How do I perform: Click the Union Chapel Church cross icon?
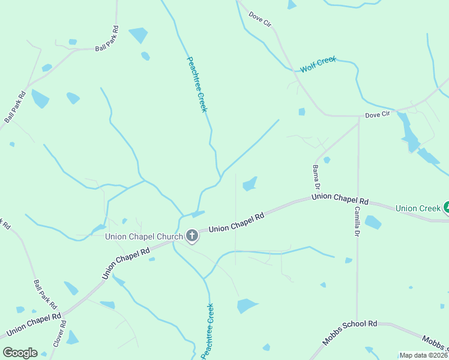(x=192, y=236)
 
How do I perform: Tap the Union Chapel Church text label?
(x=143, y=236)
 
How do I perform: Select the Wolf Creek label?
(x=318, y=64)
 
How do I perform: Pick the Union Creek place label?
(x=418, y=208)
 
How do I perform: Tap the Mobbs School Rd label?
(x=349, y=333)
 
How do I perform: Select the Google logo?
(x=20, y=353)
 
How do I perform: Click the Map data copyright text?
(x=424, y=355)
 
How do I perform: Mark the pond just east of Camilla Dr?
(x=373, y=223)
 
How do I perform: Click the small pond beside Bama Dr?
(x=327, y=160)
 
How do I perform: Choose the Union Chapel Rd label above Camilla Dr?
(x=340, y=199)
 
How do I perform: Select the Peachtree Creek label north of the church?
(x=197, y=84)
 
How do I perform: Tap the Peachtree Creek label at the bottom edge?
(x=207, y=332)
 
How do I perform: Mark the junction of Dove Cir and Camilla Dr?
(x=358, y=117)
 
